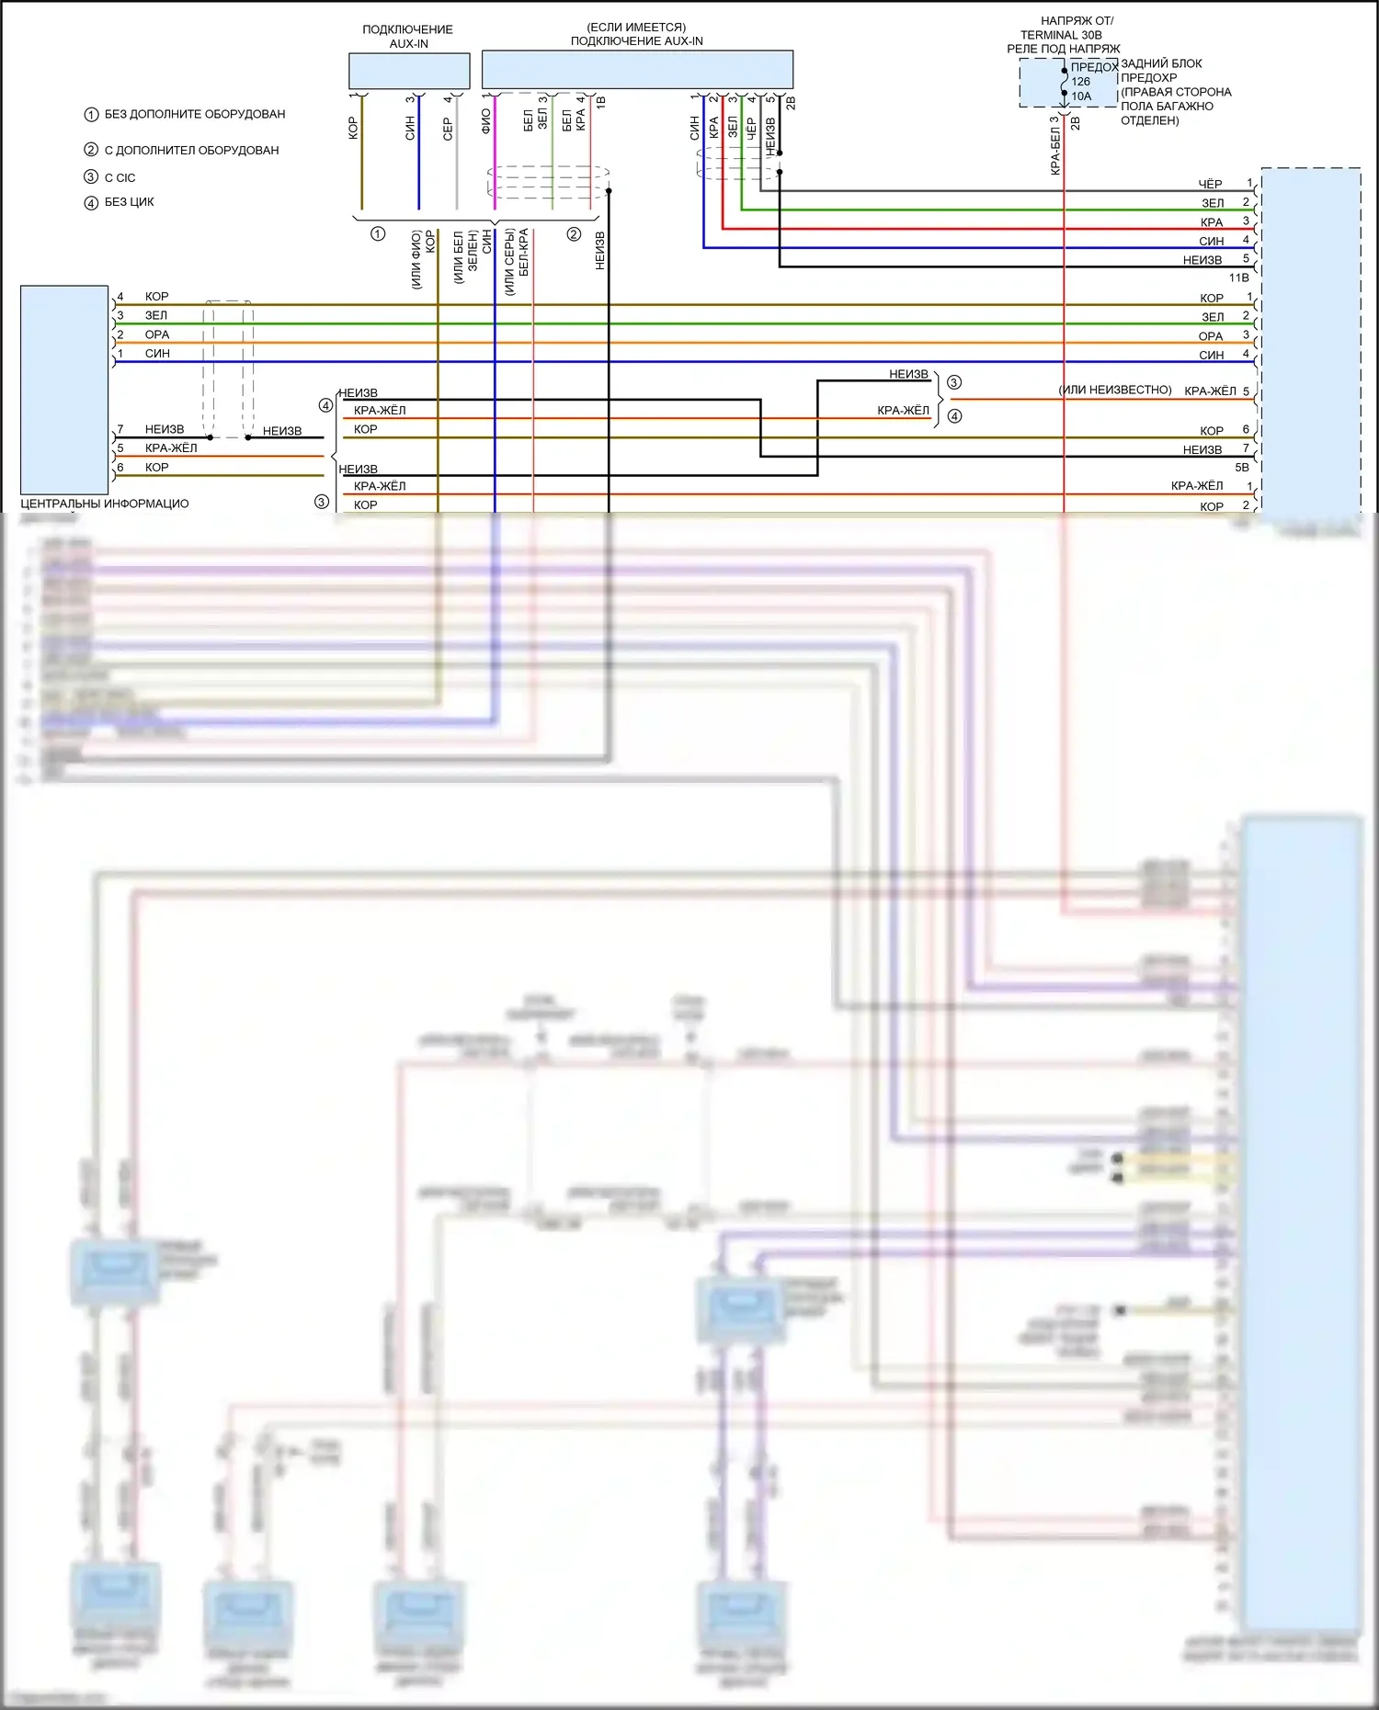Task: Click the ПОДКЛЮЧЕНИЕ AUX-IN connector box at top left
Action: click(409, 71)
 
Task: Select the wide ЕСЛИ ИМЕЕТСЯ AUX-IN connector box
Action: click(637, 70)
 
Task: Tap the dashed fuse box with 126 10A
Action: click(1067, 83)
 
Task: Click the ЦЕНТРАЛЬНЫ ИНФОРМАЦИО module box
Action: click(64, 390)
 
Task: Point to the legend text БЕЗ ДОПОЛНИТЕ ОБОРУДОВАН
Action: click(195, 114)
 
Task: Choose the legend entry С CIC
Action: click(120, 177)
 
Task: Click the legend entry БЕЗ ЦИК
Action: click(129, 202)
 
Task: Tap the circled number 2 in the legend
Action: click(91, 150)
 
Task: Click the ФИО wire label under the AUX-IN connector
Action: click(486, 121)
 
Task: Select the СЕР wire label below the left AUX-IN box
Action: click(448, 128)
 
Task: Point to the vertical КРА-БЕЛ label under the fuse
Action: click(1055, 151)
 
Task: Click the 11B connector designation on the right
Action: click(1238, 277)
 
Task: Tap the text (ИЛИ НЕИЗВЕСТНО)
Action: click(1115, 390)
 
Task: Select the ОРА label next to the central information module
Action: click(157, 334)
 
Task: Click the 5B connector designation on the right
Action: click(1241, 467)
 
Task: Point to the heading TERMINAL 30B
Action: click(1061, 35)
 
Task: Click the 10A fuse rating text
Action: click(1081, 96)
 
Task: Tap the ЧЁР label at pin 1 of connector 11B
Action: click(1210, 185)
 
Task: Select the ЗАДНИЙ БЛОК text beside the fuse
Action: click(1161, 63)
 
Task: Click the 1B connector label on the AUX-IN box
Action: click(601, 102)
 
